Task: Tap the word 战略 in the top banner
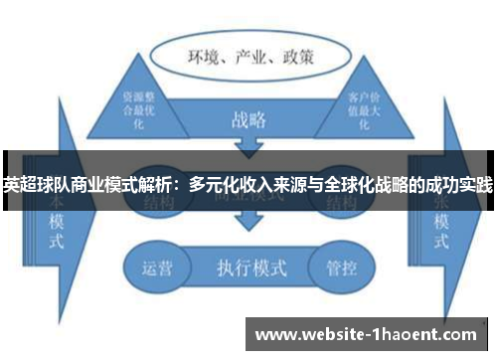click(248, 119)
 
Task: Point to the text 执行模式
click(247, 268)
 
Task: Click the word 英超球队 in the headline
click(29, 185)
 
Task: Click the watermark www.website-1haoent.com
click(367, 335)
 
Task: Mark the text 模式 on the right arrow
click(438, 231)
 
